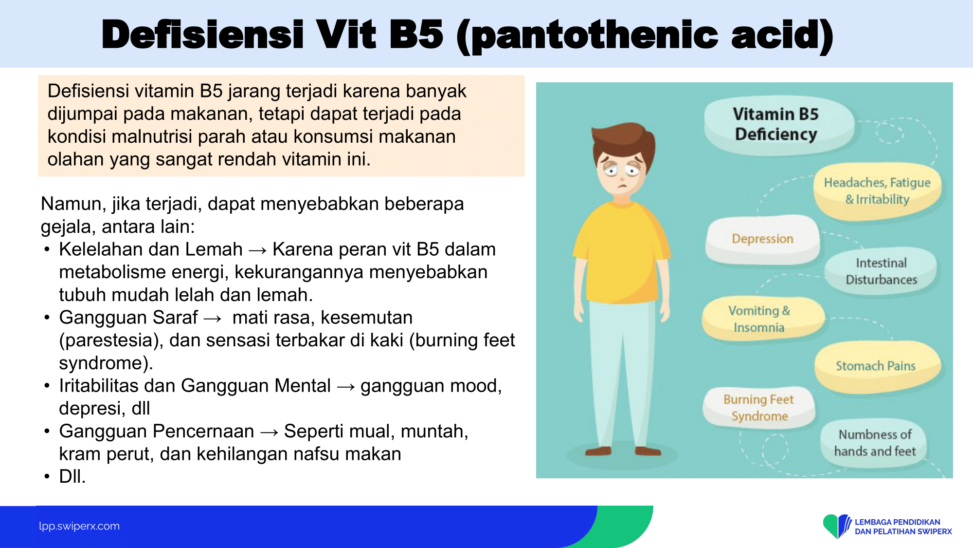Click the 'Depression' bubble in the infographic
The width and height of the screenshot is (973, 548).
pyautogui.click(x=762, y=239)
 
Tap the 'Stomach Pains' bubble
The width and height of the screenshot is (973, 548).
pyautogui.click(x=877, y=366)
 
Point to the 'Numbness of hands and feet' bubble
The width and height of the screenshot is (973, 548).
pyautogui.click(x=875, y=443)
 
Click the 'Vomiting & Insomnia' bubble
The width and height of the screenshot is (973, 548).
pyautogui.click(x=762, y=319)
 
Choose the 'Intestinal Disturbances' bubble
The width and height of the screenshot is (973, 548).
pyautogui.click(x=881, y=271)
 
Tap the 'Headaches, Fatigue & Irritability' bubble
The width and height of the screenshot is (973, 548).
pyautogui.click(x=877, y=191)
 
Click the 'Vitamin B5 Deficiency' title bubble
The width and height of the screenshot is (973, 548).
pyautogui.click(x=778, y=124)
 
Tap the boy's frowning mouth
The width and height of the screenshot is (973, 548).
pyautogui.click(x=622, y=186)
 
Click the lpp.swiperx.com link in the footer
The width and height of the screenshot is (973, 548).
pyautogui.click(x=79, y=526)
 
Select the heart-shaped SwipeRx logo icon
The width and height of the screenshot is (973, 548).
pyautogui.click(x=837, y=526)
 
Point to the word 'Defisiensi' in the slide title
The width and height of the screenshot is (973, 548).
pyautogui.click(x=202, y=35)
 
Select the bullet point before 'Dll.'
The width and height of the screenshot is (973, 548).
pyautogui.click(x=47, y=476)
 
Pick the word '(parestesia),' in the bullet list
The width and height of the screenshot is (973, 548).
pyautogui.click(x=111, y=340)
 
